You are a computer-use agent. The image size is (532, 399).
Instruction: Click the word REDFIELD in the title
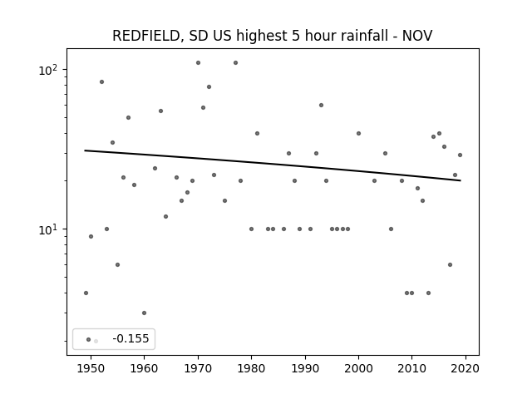145,36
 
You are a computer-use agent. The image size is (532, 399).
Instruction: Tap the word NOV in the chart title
417,36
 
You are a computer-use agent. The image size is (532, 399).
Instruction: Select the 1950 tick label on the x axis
91,368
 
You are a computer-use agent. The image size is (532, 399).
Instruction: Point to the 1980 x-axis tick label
251,368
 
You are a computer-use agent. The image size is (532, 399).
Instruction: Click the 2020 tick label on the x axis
465,368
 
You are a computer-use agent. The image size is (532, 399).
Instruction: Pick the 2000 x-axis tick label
358,368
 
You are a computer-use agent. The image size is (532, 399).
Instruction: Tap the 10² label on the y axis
48,70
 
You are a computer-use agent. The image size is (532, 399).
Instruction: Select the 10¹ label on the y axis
48,229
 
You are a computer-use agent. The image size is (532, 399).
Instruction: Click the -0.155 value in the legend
131,338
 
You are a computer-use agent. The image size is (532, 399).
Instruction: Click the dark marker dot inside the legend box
89,339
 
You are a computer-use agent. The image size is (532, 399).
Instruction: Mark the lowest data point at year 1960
144,313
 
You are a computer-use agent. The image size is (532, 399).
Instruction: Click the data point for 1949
86,293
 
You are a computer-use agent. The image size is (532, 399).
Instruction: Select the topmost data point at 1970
198,63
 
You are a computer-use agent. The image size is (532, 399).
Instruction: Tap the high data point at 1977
235,63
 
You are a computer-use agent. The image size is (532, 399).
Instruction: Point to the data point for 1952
101,81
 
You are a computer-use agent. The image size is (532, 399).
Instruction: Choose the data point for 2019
460,155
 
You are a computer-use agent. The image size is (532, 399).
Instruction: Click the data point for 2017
450,264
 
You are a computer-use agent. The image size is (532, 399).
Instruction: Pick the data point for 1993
322,106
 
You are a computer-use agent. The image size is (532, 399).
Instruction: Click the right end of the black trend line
461,180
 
